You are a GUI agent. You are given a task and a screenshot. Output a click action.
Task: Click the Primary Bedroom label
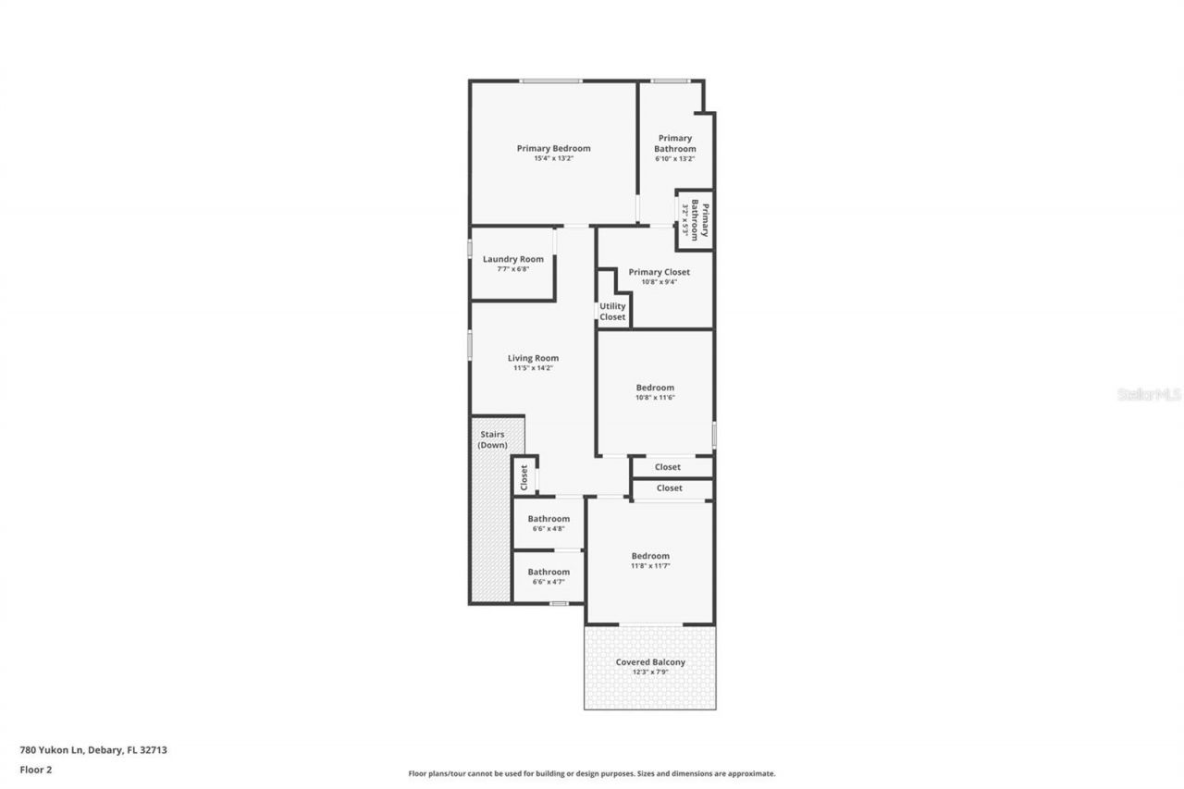(x=553, y=148)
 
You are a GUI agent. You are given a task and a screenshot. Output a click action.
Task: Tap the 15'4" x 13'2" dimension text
(x=553, y=159)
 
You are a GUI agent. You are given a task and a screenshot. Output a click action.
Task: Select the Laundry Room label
(x=512, y=259)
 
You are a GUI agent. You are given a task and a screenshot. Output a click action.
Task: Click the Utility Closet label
(x=612, y=312)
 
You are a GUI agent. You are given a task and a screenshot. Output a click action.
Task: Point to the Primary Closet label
(x=659, y=272)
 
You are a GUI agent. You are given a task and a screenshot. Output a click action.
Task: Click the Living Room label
(x=533, y=358)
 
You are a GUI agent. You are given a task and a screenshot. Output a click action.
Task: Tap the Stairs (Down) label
(x=492, y=439)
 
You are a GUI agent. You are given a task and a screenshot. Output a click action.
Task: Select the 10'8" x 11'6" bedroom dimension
(x=655, y=398)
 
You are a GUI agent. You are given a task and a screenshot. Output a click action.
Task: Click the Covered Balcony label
(x=650, y=662)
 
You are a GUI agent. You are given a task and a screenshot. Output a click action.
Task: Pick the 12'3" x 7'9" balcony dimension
(x=650, y=672)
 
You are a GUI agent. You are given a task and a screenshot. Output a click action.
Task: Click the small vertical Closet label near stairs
(x=524, y=477)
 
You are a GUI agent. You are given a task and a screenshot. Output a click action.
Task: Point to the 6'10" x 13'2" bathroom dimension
(x=674, y=159)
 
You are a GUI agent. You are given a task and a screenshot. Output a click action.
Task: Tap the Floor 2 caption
(x=35, y=769)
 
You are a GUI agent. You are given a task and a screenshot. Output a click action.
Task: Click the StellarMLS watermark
(x=1149, y=394)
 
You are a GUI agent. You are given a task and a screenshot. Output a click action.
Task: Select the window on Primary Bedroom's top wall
(x=549, y=81)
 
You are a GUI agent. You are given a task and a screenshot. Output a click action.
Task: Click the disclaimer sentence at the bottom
(x=592, y=773)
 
